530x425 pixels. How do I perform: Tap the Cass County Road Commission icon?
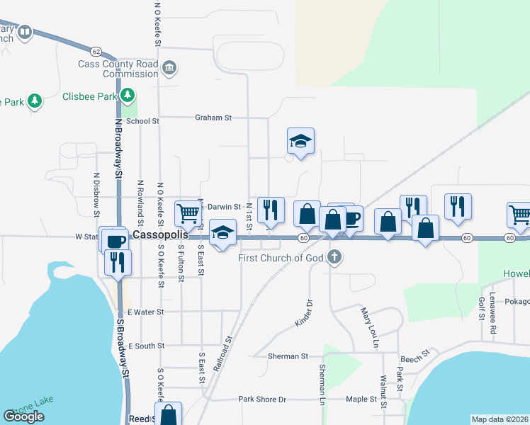[x=169, y=69]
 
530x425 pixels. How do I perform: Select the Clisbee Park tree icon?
[x=128, y=94]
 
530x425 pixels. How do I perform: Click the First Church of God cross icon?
[x=335, y=258]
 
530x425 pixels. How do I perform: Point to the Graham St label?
[x=213, y=118]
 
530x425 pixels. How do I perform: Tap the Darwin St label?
[x=225, y=207]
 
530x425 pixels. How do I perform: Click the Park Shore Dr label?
[x=261, y=399]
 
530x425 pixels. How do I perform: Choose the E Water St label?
[x=145, y=312]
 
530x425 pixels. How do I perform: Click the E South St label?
[x=146, y=346]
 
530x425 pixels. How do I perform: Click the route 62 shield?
[x=96, y=50]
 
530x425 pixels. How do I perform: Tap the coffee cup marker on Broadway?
[x=113, y=239]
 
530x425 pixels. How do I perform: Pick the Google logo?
[x=23, y=416]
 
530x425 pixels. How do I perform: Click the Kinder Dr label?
[x=304, y=313]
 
